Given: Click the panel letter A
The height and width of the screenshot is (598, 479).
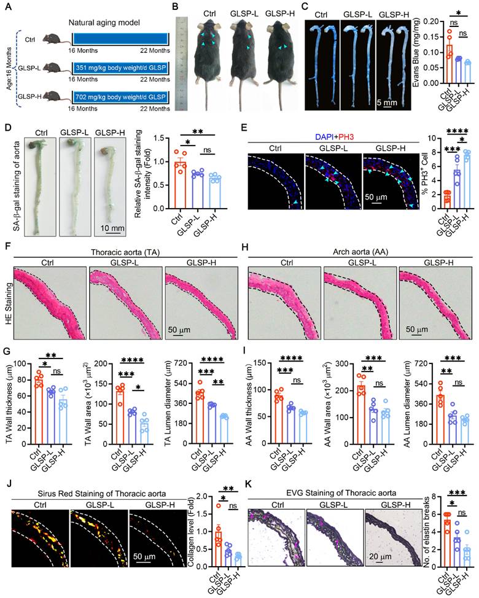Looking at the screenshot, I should pos(6,7).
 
